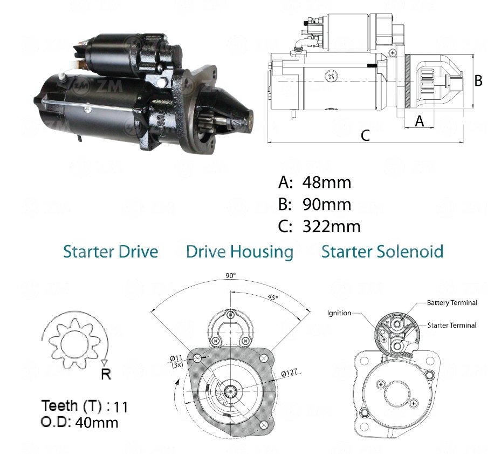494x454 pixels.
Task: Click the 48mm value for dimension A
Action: point(327,182)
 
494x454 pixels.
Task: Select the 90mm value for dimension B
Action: point(327,205)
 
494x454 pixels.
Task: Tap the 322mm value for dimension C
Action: point(332,227)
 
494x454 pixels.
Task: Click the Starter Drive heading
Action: point(111,252)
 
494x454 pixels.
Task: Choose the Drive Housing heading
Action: point(240,253)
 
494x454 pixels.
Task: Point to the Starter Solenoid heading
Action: point(382,252)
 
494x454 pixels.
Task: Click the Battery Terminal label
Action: point(452,303)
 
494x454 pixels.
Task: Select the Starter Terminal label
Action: point(452,326)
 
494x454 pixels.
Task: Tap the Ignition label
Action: point(339,313)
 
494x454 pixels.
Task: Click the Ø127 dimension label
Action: point(289,372)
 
